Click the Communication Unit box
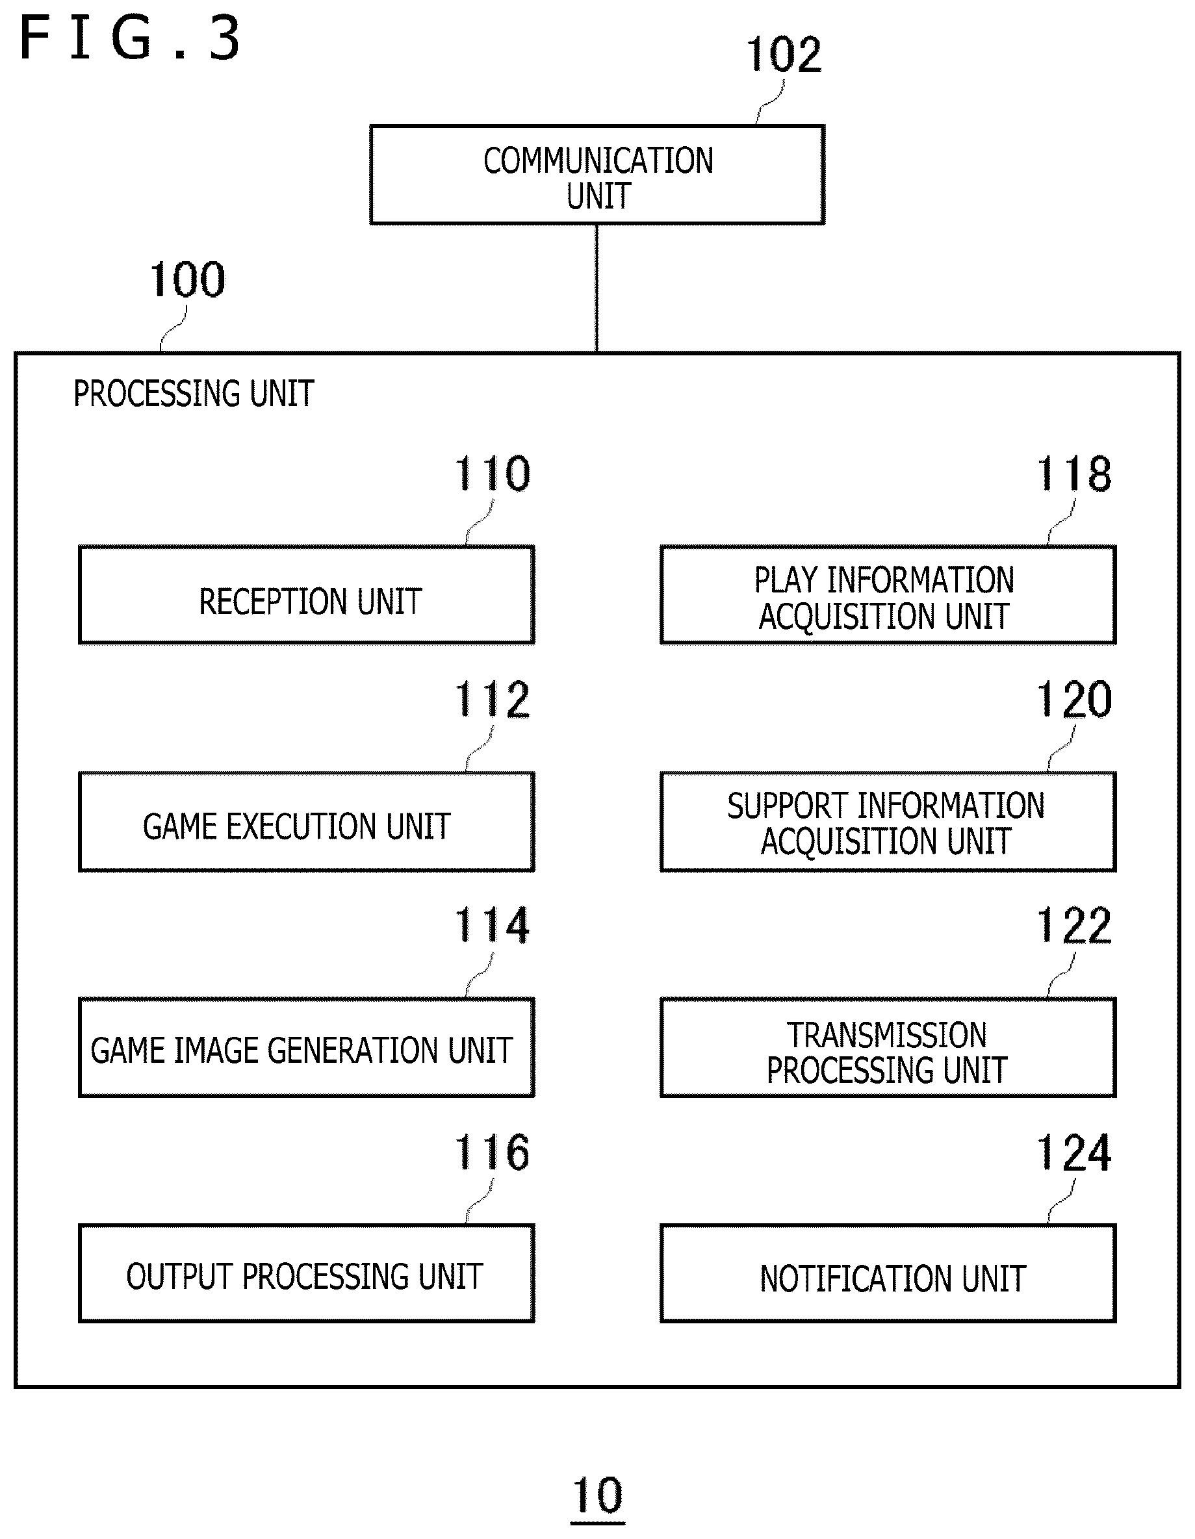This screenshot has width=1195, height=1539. (597, 175)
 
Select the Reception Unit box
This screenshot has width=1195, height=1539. (307, 594)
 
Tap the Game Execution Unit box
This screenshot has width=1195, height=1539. (307, 822)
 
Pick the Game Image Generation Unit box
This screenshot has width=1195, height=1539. (307, 1047)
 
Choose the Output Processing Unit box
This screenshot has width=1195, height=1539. (307, 1273)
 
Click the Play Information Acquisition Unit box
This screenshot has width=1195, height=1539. (888, 594)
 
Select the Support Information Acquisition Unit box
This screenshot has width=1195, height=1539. (888, 822)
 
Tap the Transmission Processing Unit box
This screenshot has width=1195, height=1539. (888, 1047)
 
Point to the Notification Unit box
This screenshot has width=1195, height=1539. (888, 1273)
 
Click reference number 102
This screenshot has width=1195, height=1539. (784, 55)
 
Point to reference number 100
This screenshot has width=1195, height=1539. (188, 280)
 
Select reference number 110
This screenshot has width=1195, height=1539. (492, 474)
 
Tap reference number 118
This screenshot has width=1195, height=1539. (1073, 474)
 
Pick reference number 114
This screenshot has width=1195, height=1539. (492, 925)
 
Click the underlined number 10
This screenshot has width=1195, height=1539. (598, 1495)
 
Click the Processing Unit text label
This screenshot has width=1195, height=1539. (193, 393)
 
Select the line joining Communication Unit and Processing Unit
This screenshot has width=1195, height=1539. (597, 288)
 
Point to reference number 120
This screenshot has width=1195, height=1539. (1073, 700)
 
